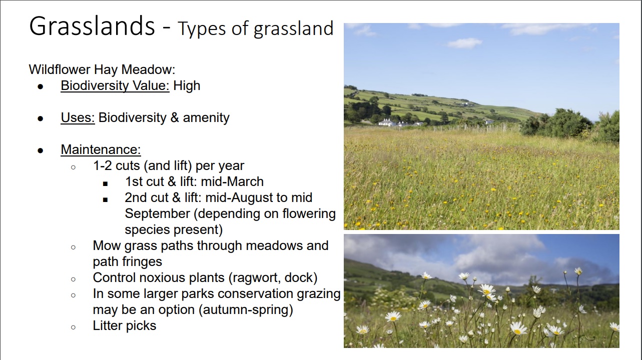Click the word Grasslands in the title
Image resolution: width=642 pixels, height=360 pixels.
click(x=92, y=26)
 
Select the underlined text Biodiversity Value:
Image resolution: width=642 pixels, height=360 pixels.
click(x=115, y=85)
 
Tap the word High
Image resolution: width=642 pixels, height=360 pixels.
click(x=187, y=85)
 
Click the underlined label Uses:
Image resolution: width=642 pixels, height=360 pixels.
click(x=78, y=117)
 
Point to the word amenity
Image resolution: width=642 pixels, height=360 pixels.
click(x=206, y=118)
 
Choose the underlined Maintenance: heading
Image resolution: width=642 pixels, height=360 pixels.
click(x=101, y=149)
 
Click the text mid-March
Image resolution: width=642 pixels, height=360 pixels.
click(x=232, y=181)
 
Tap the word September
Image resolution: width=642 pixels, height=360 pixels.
click(x=157, y=214)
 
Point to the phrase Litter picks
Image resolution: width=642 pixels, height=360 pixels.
click(x=125, y=325)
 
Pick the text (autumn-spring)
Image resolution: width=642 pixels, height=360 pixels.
click(x=246, y=309)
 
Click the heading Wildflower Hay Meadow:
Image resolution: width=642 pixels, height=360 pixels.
click(x=102, y=69)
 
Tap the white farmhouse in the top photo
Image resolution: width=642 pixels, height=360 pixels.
click(x=387, y=122)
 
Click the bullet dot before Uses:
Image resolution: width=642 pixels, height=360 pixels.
click(x=41, y=118)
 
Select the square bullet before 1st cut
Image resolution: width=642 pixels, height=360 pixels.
click(x=105, y=183)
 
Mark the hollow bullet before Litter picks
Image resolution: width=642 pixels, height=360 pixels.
click(x=74, y=327)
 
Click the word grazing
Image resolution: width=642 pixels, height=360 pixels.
click(x=318, y=294)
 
